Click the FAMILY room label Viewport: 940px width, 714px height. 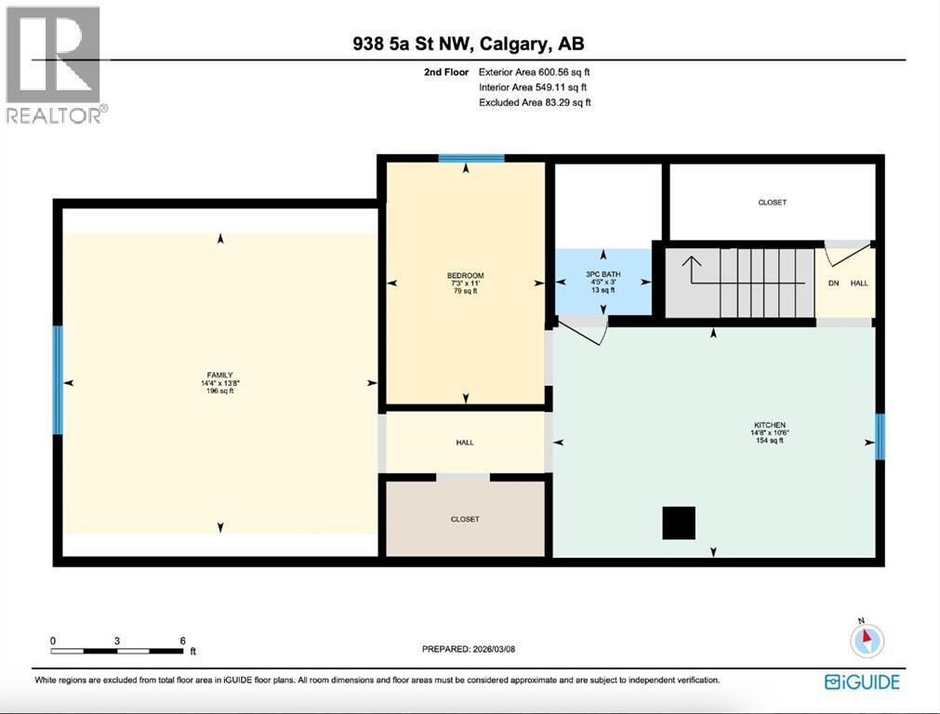(219, 376)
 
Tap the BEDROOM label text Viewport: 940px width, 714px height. (465, 275)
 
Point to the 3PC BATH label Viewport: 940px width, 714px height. (603, 274)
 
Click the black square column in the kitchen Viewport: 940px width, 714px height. (679, 523)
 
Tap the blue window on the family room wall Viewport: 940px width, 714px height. (58, 379)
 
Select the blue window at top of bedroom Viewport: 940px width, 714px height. (471, 159)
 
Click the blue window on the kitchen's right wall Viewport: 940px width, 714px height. (880, 437)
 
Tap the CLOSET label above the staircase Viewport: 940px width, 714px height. (772, 202)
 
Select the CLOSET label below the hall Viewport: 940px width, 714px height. (465, 519)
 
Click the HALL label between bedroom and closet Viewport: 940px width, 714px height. (465, 443)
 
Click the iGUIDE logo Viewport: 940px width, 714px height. (862, 681)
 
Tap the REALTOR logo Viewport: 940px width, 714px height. (55, 65)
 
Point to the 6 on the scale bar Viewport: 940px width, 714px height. (182, 641)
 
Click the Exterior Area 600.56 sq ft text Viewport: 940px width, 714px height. (535, 72)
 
